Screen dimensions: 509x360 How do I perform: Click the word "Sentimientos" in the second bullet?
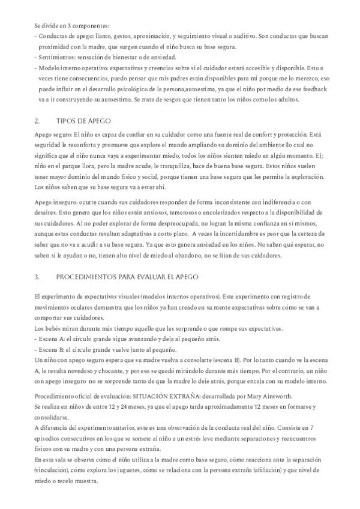coord(56,57)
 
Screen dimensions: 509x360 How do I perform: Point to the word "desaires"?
coord(47,214)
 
